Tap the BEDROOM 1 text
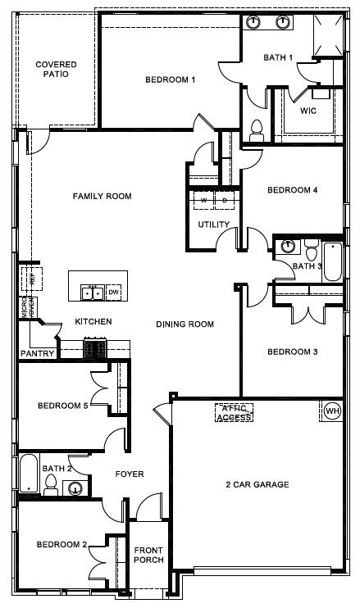coord(170,79)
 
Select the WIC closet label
coord(308,110)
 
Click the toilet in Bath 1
coord(256,129)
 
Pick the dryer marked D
coord(224,200)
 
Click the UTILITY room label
coord(212,225)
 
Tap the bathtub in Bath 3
coord(332,261)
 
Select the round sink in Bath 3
coord(287,246)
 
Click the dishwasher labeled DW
coord(114,293)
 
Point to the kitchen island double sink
coord(91,293)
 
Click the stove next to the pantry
coord(95,348)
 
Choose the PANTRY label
coord(39,354)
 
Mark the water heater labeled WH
coord(332,410)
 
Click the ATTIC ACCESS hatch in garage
coord(234,412)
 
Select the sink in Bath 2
coord(76,489)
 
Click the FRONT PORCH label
coord(148,555)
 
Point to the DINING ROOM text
coord(185,324)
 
